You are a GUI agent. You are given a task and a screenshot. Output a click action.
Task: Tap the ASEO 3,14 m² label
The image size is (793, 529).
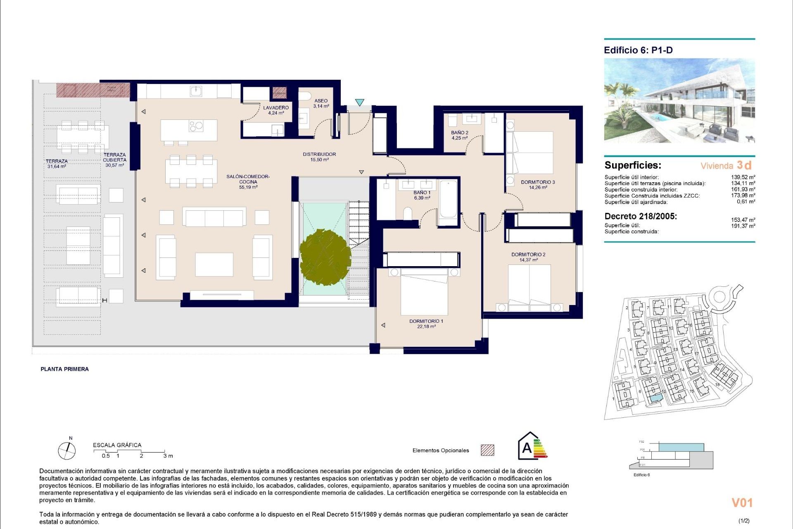coord(321,103)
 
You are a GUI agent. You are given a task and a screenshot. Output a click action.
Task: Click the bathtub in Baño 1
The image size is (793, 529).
coord(448,199)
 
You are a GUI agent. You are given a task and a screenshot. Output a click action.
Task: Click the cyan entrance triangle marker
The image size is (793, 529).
coord(359,102)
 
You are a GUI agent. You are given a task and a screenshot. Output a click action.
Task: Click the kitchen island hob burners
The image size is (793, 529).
coord(196,126)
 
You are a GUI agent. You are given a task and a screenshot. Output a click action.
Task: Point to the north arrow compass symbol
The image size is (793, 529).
coord(66,450)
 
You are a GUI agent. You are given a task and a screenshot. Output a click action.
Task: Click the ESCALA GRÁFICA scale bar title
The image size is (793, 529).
coord(117,445)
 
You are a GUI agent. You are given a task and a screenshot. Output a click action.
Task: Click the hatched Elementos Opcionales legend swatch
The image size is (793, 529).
coord(487,450)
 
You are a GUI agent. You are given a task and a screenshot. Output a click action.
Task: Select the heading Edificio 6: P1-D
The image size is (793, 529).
coord(638,50)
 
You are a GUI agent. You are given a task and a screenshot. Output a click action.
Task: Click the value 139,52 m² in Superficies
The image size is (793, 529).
coord(743,177)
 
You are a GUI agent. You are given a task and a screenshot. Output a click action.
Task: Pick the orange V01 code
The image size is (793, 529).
coord(742,503)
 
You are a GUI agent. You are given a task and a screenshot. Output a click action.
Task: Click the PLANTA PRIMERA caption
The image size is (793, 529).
coord(64,369)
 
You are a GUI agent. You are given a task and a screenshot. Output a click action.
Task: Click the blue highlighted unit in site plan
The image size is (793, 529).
coord(655,398)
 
